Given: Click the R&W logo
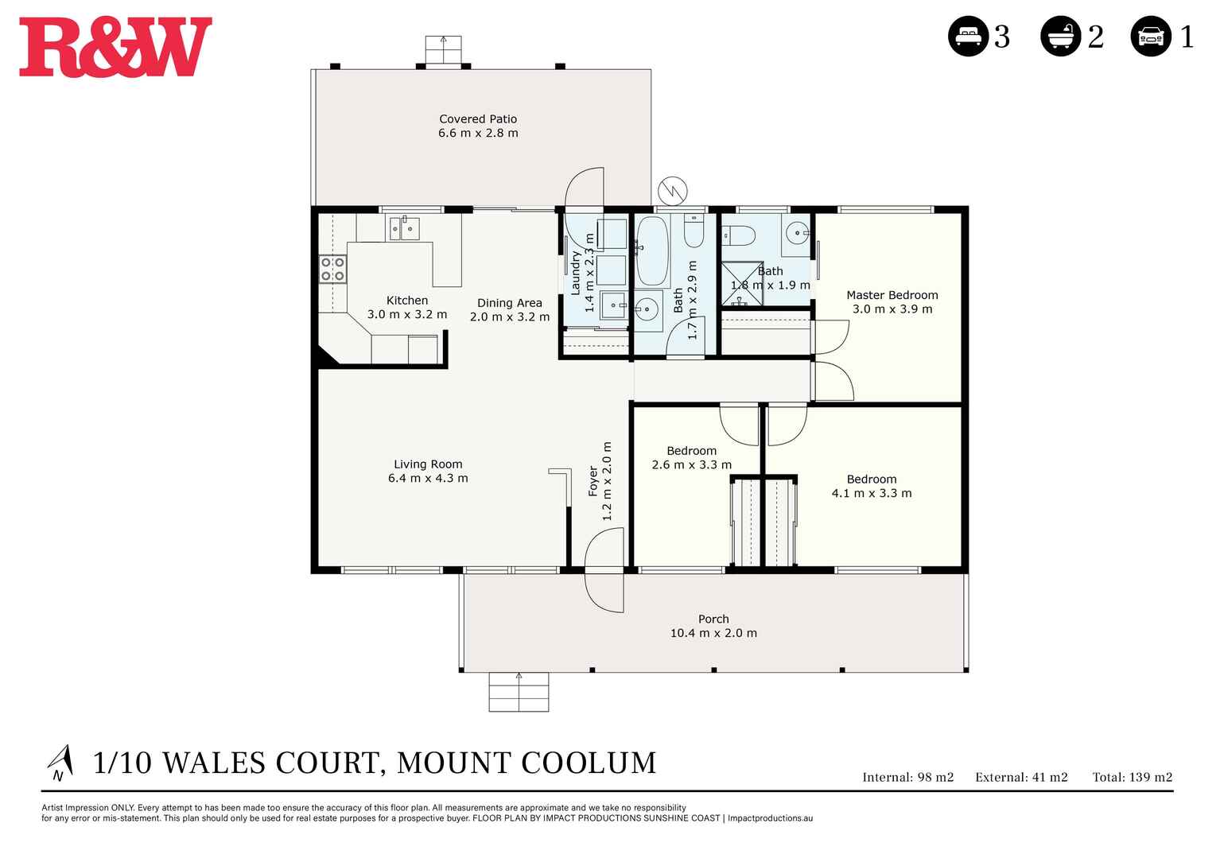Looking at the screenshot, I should (x=115, y=48).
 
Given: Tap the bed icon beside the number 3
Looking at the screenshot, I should (x=968, y=37).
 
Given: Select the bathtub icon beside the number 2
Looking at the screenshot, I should (x=1060, y=37).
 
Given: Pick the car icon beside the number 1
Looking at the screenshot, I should (x=1151, y=37).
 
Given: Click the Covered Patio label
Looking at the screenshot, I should (x=478, y=119).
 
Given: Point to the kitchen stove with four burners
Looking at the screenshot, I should (x=332, y=270).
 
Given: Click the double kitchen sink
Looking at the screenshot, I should (x=403, y=228).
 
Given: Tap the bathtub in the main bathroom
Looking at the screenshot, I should (x=652, y=250).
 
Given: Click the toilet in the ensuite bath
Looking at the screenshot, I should (x=738, y=235).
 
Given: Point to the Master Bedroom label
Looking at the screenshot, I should (x=892, y=295).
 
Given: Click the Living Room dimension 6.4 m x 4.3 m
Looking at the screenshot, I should (x=428, y=479).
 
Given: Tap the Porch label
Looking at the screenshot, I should (x=713, y=619).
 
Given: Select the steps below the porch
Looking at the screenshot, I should (x=519, y=692).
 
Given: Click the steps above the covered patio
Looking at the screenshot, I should (x=443, y=50).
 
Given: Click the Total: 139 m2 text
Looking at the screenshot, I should (x=1132, y=778).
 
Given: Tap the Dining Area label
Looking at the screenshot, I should (x=509, y=303).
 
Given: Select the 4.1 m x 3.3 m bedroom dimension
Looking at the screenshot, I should (x=872, y=494).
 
